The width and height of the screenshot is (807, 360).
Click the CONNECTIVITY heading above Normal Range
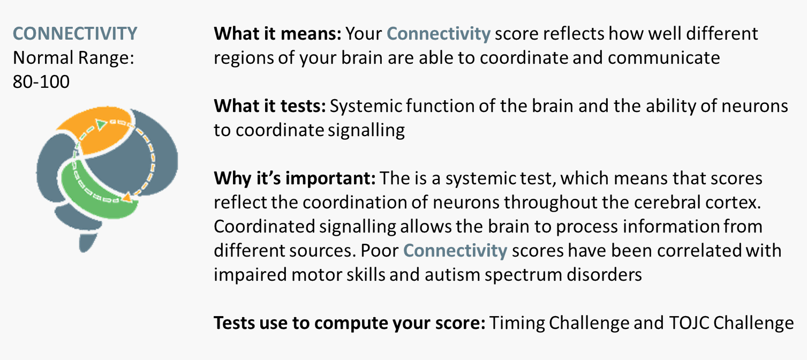tap(75, 34)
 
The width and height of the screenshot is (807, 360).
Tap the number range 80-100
tap(41, 82)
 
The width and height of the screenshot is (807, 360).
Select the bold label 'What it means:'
tap(277, 34)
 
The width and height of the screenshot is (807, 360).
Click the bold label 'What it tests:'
tap(270, 106)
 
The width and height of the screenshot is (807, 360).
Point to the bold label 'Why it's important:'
tap(295, 178)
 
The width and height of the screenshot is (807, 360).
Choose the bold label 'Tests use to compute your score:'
tap(350, 323)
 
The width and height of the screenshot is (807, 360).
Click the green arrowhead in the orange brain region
tap(101, 125)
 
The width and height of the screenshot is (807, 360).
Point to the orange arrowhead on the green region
tap(127, 197)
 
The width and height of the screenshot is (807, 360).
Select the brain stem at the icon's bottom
tap(87, 243)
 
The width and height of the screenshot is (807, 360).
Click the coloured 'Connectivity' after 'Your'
tap(439, 34)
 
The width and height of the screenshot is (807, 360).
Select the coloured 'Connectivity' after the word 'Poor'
tap(455, 251)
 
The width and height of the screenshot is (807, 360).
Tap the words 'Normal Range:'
tap(73, 58)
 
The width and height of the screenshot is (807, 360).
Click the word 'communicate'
tap(663, 58)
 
